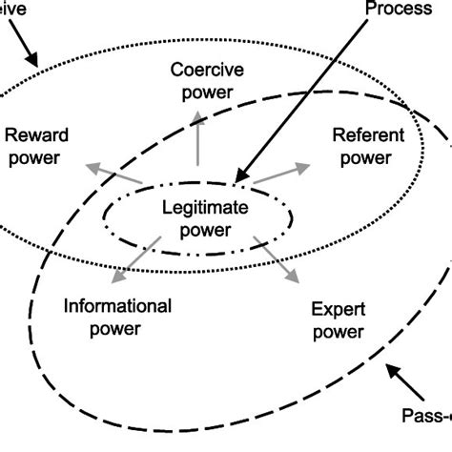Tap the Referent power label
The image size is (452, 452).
tap(367, 146)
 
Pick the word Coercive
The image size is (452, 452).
tap(202, 70)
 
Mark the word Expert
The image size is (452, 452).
tap(338, 310)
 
